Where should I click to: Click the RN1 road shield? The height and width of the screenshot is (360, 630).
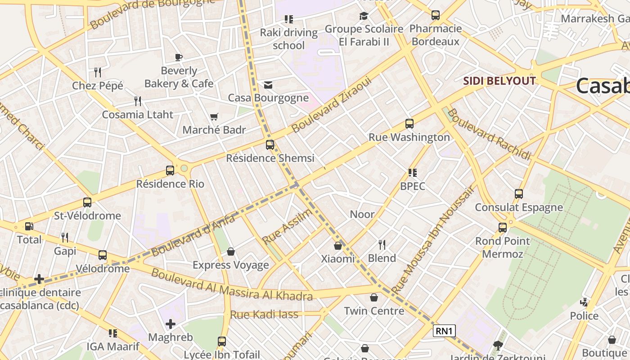(x=444, y=331)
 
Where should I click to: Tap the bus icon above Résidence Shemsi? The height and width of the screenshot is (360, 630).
(x=270, y=145)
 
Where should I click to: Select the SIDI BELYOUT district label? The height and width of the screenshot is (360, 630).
(x=499, y=81)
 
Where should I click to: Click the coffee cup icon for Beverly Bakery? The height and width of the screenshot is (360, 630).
(x=179, y=57)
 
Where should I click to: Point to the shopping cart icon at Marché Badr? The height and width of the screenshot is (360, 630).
(x=214, y=117)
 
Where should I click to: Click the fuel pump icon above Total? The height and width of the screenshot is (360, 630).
(x=29, y=226)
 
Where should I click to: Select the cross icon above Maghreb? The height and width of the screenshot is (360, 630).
(x=171, y=324)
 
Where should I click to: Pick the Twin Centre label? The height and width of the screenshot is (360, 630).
(x=374, y=311)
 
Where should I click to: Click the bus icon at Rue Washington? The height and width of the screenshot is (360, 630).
(x=409, y=124)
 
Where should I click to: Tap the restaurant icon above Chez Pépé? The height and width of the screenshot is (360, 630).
(x=98, y=72)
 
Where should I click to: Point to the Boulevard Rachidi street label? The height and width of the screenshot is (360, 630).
(x=490, y=134)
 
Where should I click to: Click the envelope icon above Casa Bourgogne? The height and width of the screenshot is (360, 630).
(x=268, y=85)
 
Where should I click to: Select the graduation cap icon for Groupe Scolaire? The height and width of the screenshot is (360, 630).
(x=364, y=16)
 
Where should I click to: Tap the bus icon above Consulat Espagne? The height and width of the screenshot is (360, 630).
(x=519, y=194)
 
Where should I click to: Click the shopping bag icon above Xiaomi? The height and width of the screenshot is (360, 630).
(x=338, y=246)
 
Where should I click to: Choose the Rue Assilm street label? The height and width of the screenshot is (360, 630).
(x=287, y=226)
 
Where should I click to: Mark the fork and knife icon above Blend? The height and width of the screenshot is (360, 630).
(x=382, y=245)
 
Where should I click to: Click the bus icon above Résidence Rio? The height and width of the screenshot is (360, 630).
(x=170, y=171)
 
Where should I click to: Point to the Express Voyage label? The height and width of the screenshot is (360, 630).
(x=230, y=265)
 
